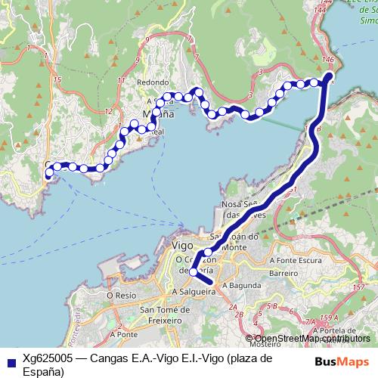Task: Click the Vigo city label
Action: click(184, 246)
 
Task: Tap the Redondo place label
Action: click(149, 82)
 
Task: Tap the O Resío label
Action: click(120, 295)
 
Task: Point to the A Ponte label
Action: click(122, 333)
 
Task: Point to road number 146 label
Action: click(327, 58)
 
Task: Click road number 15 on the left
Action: click(57, 78)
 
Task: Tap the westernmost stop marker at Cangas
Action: click(49, 173)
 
